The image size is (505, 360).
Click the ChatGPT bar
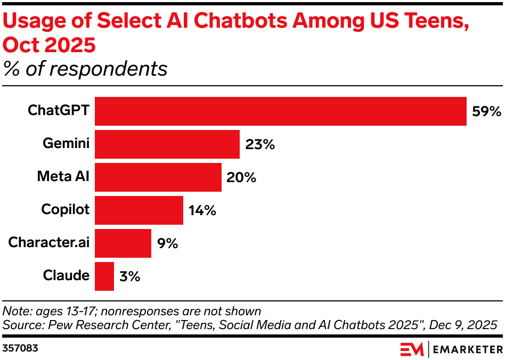click(x=281, y=111)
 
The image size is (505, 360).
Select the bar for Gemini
click(x=167, y=144)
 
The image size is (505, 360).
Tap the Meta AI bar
click(x=158, y=177)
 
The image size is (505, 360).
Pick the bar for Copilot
click(x=139, y=210)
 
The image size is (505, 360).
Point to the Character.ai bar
click(x=123, y=243)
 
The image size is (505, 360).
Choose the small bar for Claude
click(x=104, y=276)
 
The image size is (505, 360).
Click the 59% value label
click(x=486, y=112)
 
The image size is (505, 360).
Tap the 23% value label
click(x=260, y=145)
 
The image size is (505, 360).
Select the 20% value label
click(x=241, y=178)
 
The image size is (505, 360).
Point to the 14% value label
click(x=202, y=211)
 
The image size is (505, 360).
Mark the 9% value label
click(x=167, y=244)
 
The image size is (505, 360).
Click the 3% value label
click(x=129, y=277)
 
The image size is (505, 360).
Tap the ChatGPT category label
click(x=59, y=111)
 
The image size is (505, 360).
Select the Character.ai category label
click(x=49, y=243)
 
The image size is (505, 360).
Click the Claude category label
click(x=66, y=276)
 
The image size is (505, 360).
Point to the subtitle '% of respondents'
click(x=85, y=69)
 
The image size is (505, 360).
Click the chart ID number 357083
click(x=20, y=349)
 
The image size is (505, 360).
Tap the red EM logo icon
click(x=411, y=349)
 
